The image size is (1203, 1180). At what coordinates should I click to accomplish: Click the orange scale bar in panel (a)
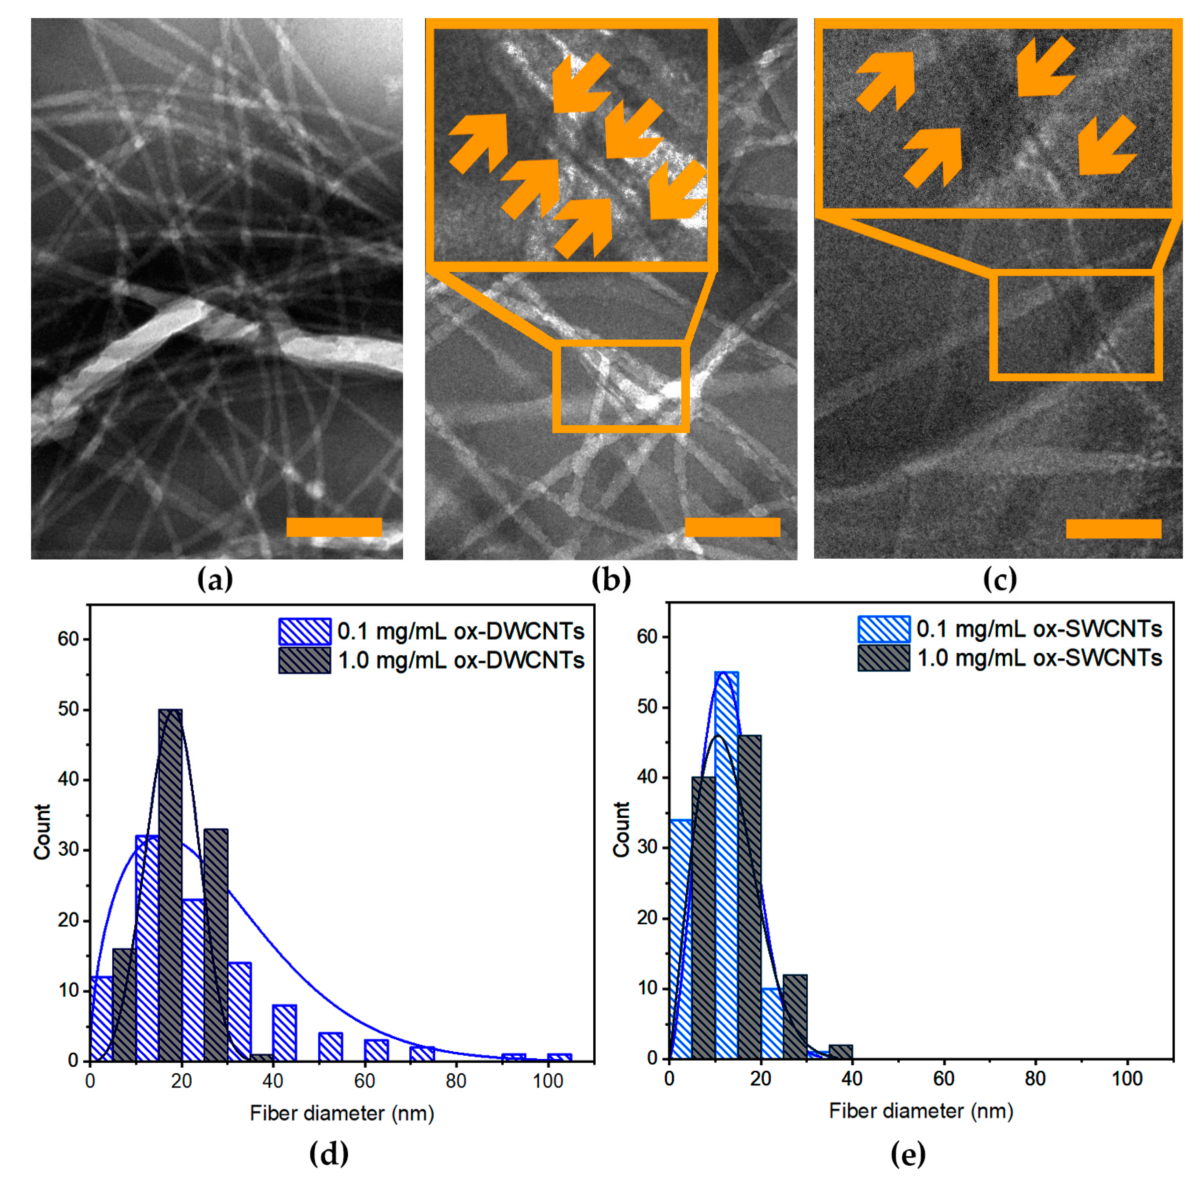[334, 527]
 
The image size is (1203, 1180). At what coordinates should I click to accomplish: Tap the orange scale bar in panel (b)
[732, 527]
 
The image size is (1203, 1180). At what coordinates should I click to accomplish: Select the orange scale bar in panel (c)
[1113, 528]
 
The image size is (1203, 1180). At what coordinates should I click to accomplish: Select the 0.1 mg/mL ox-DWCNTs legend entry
[431, 631]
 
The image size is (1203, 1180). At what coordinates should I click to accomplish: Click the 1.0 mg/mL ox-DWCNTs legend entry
[431, 660]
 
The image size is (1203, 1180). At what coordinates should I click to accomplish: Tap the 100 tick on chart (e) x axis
[1127, 1079]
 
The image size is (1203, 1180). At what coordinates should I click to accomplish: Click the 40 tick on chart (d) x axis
[273, 1081]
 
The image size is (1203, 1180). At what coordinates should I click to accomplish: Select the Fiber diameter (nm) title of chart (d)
[341, 1113]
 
